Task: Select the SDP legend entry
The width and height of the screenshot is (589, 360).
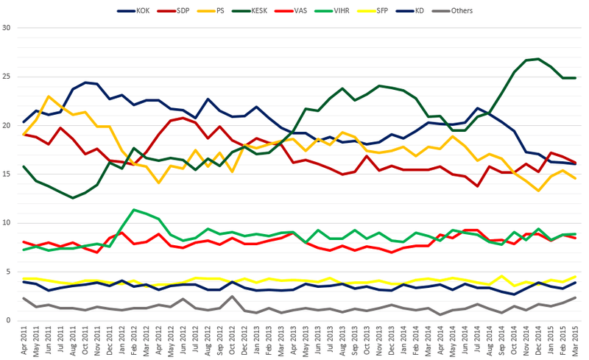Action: (183, 11)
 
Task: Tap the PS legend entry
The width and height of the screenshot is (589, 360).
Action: (225, 11)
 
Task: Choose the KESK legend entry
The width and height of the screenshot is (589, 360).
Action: (268, 11)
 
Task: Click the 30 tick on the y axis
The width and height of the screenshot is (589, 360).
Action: (7, 28)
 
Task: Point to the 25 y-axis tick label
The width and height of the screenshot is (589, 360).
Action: (7, 77)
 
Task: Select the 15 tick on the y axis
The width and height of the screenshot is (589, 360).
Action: (7, 174)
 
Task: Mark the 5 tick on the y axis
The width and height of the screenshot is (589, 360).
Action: (9, 272)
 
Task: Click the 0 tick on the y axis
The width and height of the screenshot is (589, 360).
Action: (9, 320)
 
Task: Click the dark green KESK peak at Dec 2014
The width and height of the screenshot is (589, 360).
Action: (539, 59)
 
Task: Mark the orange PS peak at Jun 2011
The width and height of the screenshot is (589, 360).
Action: (49, 96)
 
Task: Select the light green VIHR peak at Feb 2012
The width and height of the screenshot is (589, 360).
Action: (133, 210)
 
